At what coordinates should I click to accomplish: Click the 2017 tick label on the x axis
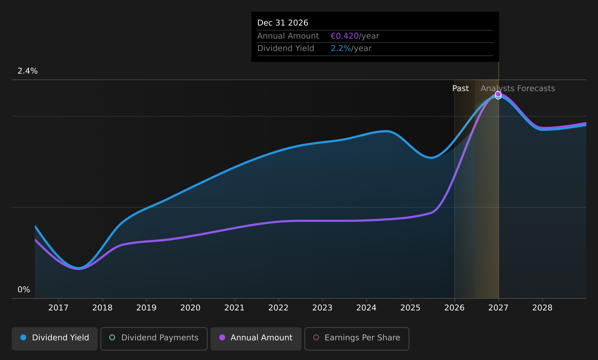pos(58,308)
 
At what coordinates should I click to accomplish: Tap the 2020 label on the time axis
pos(190,308)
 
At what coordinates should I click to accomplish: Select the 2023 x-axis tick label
pos(322,308)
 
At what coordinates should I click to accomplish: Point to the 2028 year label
pos(542,308)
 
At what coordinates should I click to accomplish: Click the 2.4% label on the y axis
pos(28,71)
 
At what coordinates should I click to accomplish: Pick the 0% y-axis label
pos(24,290)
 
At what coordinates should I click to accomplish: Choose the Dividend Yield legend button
pos(55,339)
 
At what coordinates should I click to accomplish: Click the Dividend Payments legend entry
pos(154,339)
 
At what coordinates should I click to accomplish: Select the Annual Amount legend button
pos(256,339)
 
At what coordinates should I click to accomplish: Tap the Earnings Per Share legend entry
pos(357,339)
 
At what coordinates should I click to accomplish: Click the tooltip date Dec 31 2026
pos(283,23)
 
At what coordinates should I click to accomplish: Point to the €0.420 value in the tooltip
pos(345,36)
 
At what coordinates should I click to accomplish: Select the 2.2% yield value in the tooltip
pos(341,48)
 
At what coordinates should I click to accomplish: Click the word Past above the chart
pos(460,89)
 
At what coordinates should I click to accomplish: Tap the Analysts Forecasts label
pos(518,89)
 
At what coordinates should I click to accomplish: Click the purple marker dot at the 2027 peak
pos(498,94)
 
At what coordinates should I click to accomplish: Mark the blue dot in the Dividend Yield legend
pos(24,337)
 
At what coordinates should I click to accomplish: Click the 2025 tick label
pos(410,308)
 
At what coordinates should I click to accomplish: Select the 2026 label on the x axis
pos(455,308)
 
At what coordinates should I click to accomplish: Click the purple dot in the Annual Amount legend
pos(222,337)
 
